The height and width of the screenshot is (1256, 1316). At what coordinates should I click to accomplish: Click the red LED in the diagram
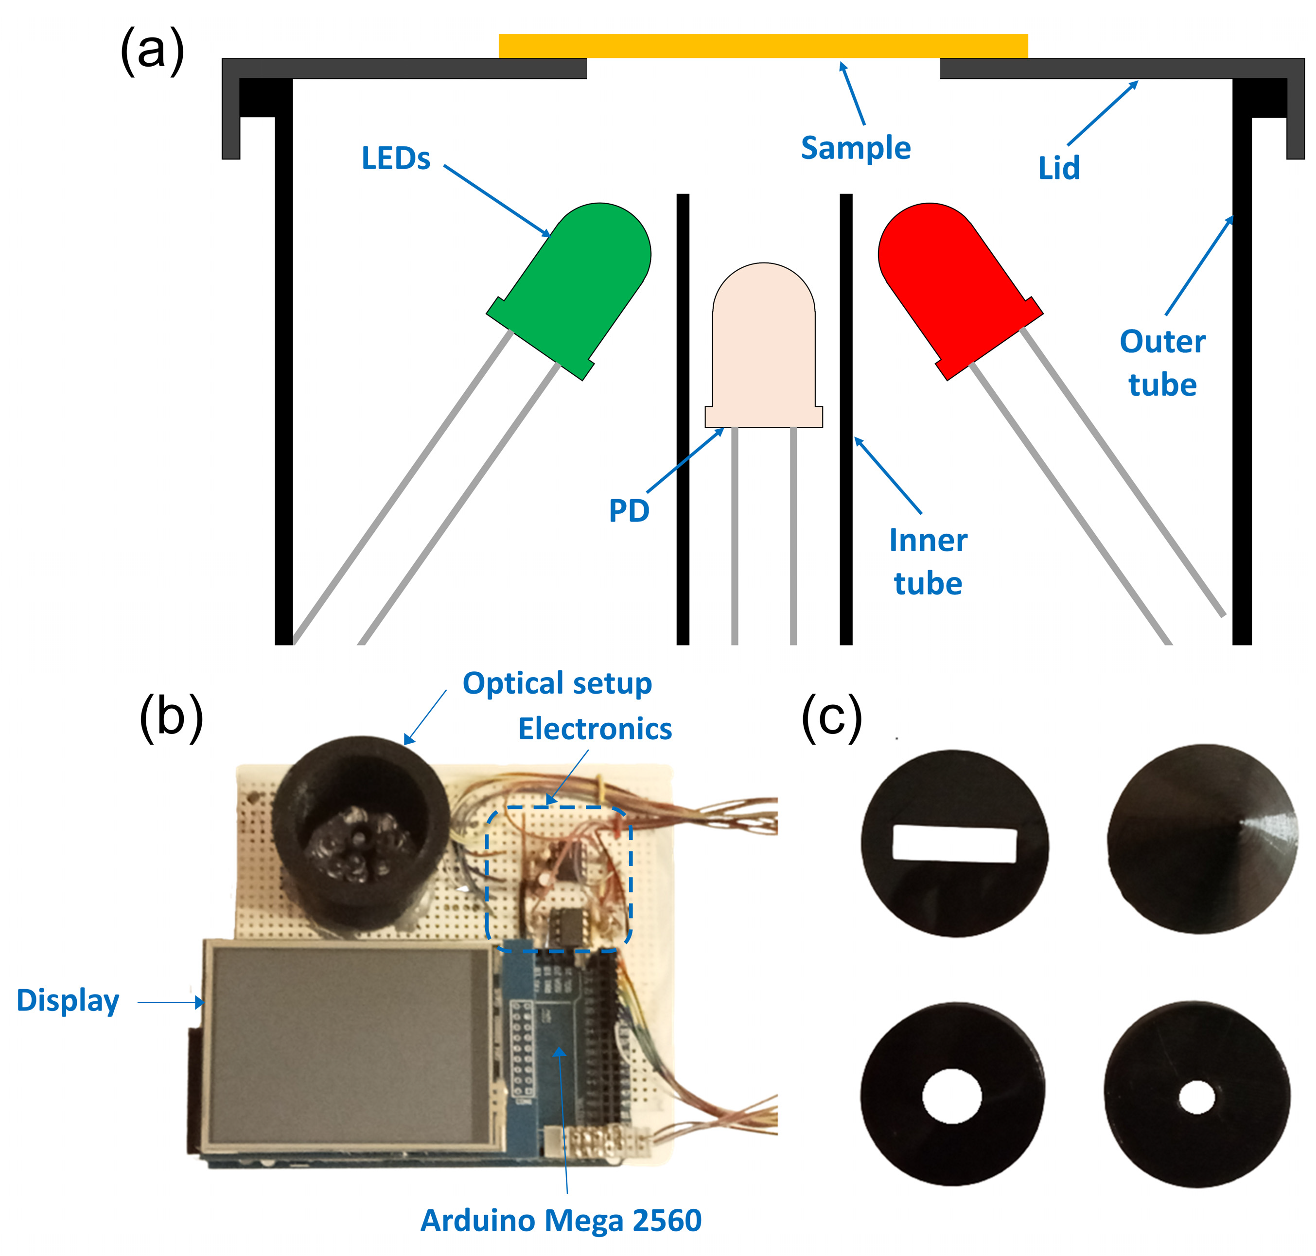click(x=954, y=284)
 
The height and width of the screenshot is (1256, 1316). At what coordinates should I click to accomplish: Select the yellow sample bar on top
click(x=763, y=46)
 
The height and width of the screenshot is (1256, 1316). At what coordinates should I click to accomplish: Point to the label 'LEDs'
click(x=396, y=158)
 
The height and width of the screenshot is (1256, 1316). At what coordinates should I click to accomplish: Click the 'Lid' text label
click(x=1059, y=168)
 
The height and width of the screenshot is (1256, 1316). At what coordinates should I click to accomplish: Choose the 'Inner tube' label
click(x=928, y=561)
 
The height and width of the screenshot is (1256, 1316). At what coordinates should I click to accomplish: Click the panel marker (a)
click(x=152, y=52)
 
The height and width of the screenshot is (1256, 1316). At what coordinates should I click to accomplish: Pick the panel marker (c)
click(x=831, y=718)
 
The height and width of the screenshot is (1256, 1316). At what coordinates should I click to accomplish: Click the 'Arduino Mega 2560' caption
click(x=561, y=1220)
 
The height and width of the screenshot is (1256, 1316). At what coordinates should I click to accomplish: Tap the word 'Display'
click(x=68, y=1001)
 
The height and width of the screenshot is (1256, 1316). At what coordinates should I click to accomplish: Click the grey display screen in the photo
click(x=351, y=1045)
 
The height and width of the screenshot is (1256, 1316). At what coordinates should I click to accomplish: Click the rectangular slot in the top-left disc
click(x=954, y=844)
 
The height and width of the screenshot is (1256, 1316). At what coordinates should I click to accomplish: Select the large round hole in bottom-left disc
click(x=952, y=1097)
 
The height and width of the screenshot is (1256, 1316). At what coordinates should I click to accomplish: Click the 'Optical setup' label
click(x=557, y=683)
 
